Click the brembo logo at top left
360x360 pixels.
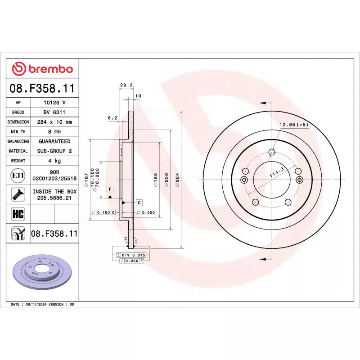(x=42, y=69)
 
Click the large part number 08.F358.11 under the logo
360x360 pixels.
(x=42, y=88)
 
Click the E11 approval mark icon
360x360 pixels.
(x=18, y=175)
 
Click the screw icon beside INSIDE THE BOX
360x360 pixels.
(x=18, y=194)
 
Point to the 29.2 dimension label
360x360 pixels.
(x=126, y=85)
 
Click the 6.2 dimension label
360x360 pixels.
(x=112, y=118)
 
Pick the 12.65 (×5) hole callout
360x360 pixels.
(x=294, y=125)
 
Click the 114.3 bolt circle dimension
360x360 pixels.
(x=275, y=173)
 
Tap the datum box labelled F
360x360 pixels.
(x=109, y=188)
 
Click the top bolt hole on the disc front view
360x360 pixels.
(x=271, y=151)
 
